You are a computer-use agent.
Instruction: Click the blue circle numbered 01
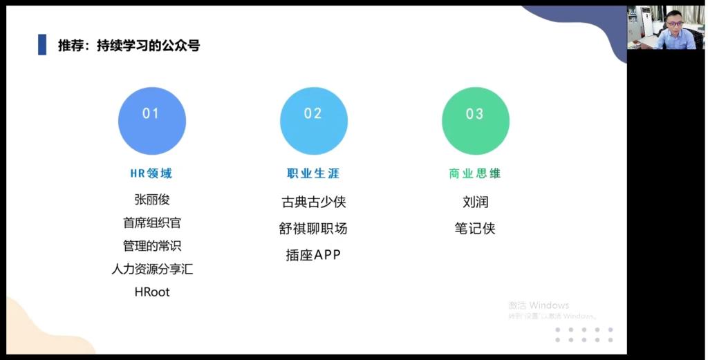click(151, 121)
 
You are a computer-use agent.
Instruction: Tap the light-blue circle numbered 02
click(314, 121)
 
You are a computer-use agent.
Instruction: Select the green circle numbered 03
click(476, 121)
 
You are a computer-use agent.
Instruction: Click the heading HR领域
click(151, 173)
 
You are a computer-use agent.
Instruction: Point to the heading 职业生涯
click(313, 173)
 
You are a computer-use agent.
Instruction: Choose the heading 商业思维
click(475, 173)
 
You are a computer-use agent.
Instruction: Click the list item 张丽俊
click(151, 200)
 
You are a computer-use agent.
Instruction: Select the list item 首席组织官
click(151, 222)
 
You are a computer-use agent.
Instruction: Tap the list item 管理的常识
click(151, 245)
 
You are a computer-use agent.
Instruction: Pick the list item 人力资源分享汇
click(152, 269)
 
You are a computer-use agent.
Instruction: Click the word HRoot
click(152, 292)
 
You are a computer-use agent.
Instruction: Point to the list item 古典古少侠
click(314, 202)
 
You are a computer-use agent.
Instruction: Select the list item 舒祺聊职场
click(313, 229)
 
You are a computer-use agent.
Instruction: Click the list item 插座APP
click(313, 255)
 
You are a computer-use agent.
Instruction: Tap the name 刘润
click(476, 202)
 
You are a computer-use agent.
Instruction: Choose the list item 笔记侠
click(475, 229)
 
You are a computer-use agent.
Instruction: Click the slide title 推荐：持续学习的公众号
click(129, 45)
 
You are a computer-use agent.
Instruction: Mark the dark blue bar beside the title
click(42, 45)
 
